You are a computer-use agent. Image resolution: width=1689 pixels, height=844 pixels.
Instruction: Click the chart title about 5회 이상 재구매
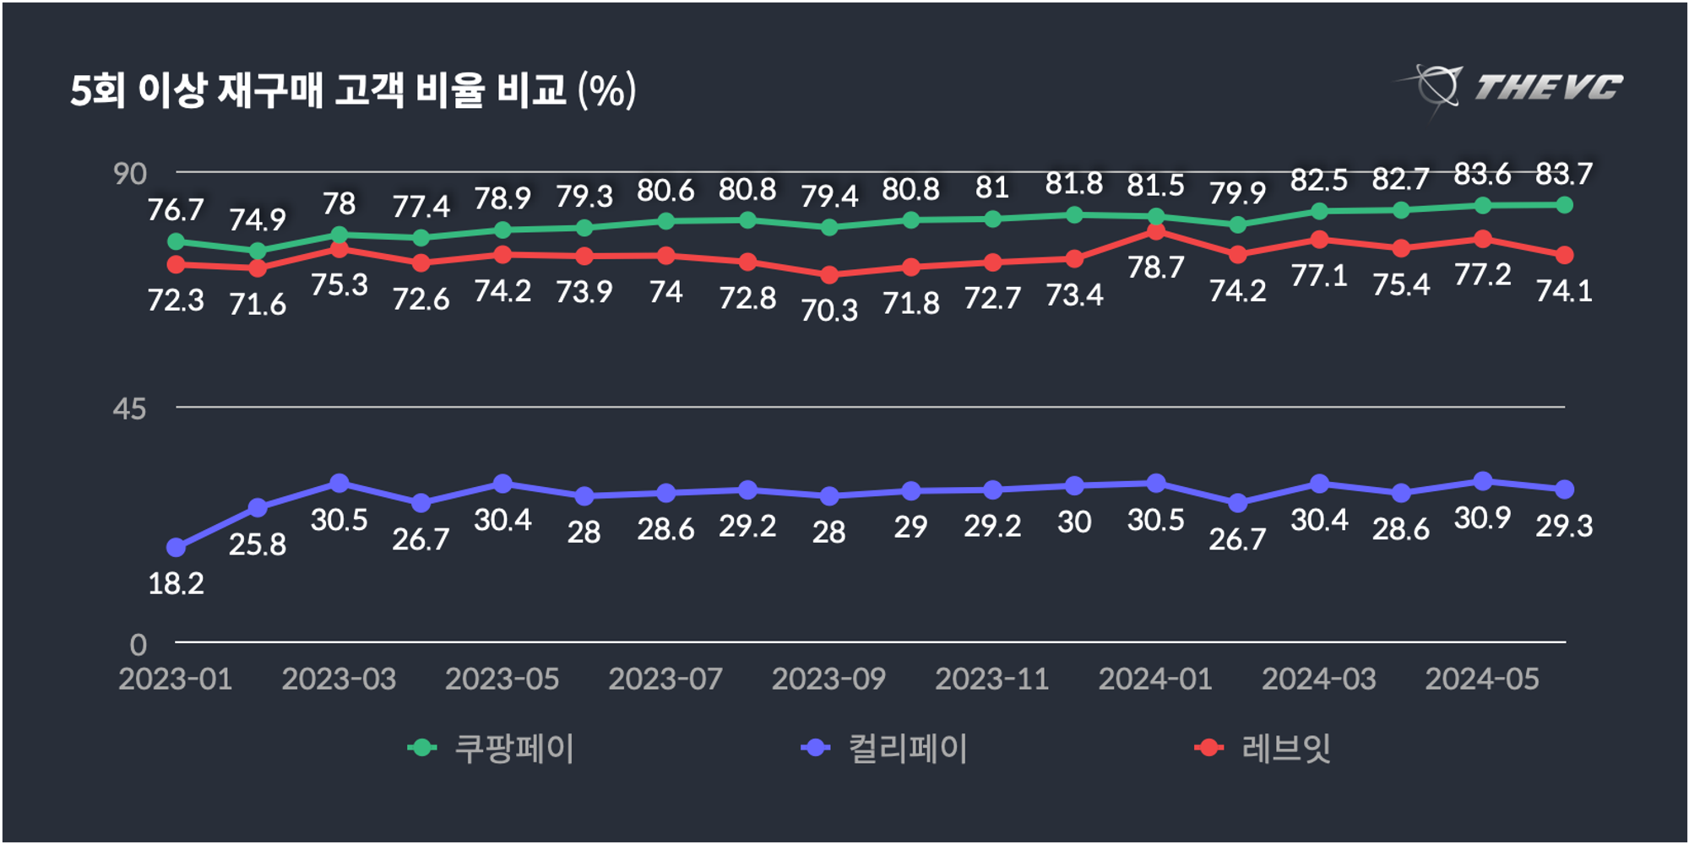[x=352, y=90]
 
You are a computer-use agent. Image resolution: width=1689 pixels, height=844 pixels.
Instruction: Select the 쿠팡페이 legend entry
[x=491, y=749]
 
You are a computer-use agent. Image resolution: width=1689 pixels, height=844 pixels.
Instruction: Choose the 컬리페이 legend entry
[x=885, y=749]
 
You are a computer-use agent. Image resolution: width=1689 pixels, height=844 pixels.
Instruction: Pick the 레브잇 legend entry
[x=1263, y=749]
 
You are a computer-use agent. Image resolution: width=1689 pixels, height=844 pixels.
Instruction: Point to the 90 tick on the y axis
[x=130, y=175]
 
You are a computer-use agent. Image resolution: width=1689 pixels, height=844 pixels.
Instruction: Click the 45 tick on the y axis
[x=130, y=409]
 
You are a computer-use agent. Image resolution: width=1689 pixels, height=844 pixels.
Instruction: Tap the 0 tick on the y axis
[x=138, y=645]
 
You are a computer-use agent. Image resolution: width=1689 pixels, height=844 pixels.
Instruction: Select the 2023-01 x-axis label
[x=176, y=679]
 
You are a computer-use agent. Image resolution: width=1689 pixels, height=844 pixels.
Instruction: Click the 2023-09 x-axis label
[x=829, y=679]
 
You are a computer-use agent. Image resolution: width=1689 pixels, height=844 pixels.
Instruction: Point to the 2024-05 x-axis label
[x=1482, y=679]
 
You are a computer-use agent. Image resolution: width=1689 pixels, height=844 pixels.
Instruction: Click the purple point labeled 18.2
[x=176, y=548]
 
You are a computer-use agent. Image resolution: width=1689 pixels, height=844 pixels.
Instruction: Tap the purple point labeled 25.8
[x=258, y=508]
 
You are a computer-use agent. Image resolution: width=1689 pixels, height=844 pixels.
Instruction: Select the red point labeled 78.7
[x=1156, y=232]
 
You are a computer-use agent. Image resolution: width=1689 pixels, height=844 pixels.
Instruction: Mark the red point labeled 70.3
[x=829, y=275]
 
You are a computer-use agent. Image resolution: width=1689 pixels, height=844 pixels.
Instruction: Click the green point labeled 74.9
[x=258, y=251]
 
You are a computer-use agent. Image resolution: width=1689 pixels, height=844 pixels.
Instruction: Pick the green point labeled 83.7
[x=1564, y=205]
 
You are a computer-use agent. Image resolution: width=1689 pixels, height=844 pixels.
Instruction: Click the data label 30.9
[x=1482, y=517]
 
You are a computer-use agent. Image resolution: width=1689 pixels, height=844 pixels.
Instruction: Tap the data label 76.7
[x=176, y=210]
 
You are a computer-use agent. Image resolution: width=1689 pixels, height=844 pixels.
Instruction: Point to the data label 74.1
[x=1564, y=291]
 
